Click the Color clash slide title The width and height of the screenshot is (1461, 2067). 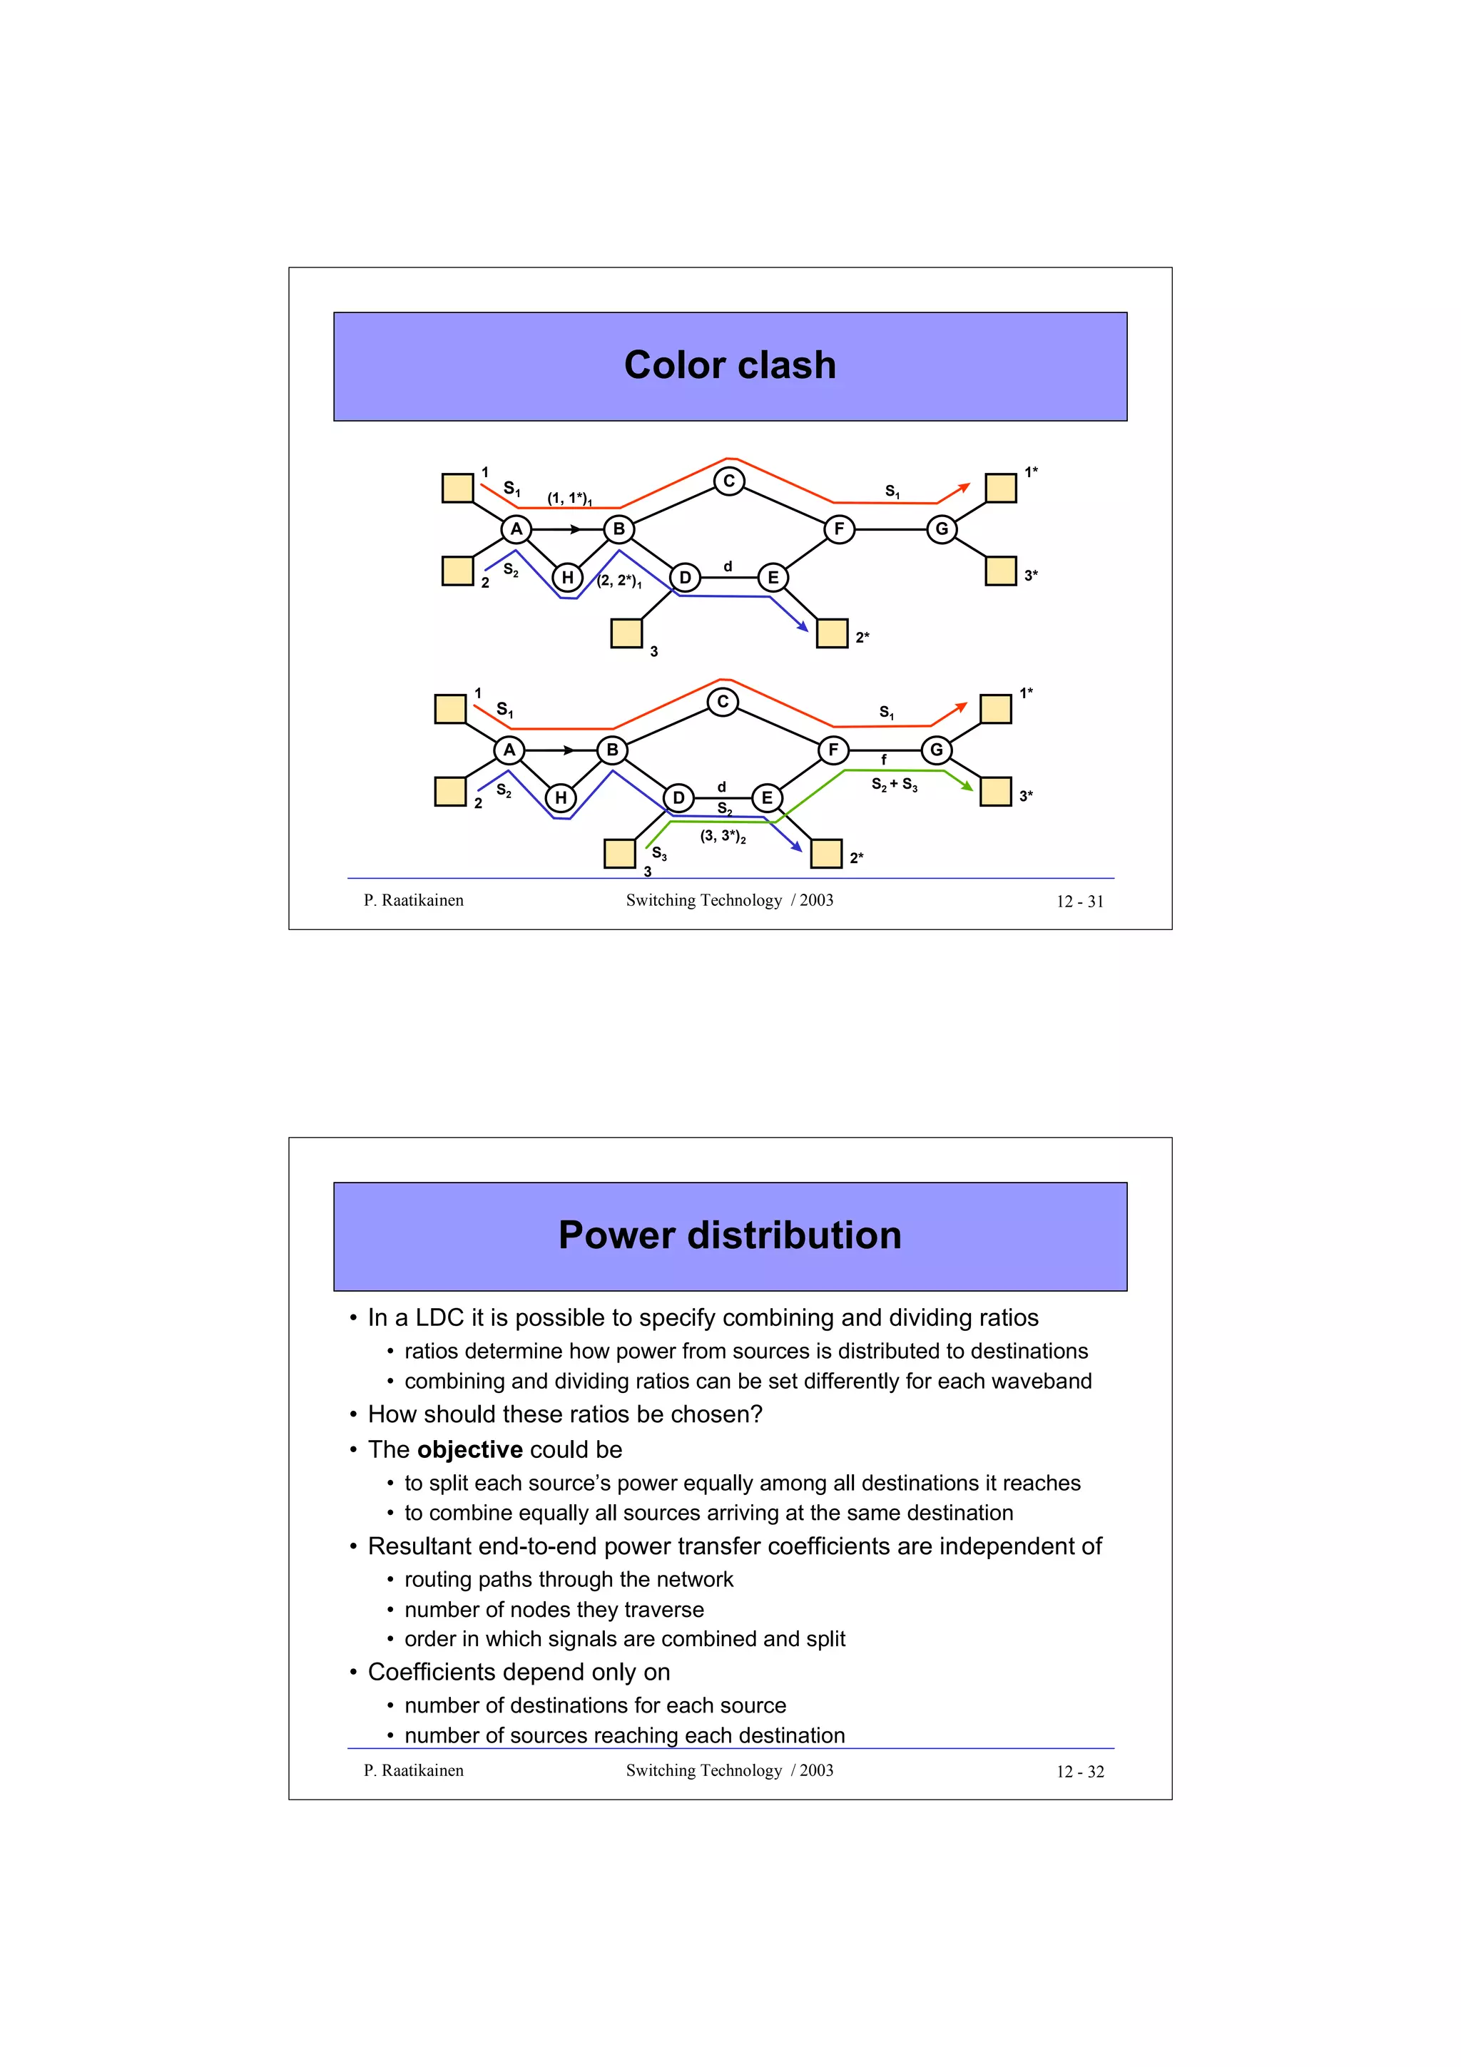point(729,365)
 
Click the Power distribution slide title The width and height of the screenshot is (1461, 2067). point(729,1235)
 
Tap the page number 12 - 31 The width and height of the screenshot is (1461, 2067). point(1079,901)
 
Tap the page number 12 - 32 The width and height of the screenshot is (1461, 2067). point(1079,1772)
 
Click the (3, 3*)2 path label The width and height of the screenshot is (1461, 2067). point(723,837)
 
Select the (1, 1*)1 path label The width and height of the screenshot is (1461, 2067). point(569,498)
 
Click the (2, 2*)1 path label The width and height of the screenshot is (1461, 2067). point(619,581)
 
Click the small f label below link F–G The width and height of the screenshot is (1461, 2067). point(883,760)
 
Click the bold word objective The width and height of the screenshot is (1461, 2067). point(470,1449)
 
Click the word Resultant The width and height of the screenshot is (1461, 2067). point(419,1546)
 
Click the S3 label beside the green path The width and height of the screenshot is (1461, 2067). point(659,852)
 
